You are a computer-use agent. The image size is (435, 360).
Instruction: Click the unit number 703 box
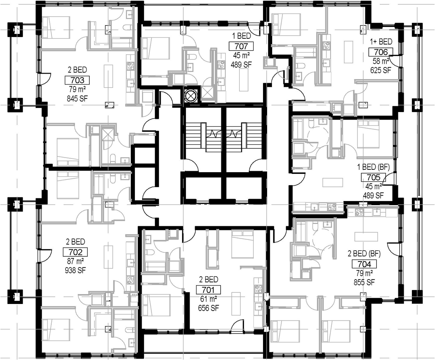point(77,80)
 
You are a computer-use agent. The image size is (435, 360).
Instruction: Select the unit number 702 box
point(75,252)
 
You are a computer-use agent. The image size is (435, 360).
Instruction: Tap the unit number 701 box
point(208,290)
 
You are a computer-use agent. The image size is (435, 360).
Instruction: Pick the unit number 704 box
point(364,264)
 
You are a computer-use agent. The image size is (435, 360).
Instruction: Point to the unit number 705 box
point(373,177)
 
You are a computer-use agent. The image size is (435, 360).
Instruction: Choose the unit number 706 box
point(381,52)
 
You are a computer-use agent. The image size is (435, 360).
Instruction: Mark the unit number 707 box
point(241,46)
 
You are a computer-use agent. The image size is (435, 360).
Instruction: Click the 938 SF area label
point(75,270)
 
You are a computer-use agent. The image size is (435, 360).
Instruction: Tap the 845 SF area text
point(77,98)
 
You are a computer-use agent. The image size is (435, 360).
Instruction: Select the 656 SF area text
point(208,308)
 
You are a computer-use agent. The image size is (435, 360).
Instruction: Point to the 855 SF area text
point(364,283)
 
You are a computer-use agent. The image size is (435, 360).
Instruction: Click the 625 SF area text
point(381,70)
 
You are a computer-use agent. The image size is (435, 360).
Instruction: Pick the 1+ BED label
point(381,42)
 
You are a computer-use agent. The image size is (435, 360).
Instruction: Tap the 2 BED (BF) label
point(364,254)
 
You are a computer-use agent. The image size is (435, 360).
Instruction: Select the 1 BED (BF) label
point(373,167)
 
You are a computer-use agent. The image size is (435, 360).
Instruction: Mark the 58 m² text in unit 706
point(381,61)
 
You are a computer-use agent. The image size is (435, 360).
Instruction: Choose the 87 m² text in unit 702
point(75,261)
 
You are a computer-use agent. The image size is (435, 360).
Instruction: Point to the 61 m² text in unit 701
point(208,299)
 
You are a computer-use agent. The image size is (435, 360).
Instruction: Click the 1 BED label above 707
point(241,36)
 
